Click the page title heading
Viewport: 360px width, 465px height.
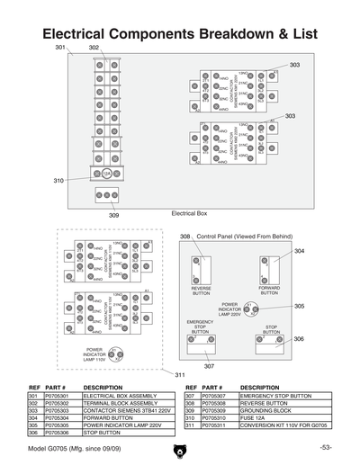pyautogui.click(x=180, y=32)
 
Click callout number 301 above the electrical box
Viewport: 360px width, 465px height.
pyautogui.click(x=60, y=47)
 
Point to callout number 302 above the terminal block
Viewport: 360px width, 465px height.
pyautogui.click(x=94, y=47)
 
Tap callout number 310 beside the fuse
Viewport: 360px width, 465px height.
pyautogui.click(x=58, y=181)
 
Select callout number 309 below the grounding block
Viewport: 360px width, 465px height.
pyautogui.click(x=114, y=216)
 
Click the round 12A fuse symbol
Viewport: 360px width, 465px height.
pyautogui.click(x=106, y=173)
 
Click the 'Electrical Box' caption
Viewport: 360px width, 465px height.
pyautogui.click(x=189, y=213)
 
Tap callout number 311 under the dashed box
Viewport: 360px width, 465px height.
pyautogui.click(x=180, y=374)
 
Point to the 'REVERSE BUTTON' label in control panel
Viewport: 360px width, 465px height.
pyautogui.click(x=202, y=291)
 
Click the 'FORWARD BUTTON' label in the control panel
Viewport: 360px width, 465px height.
pyautogui.click(x=270, y=291)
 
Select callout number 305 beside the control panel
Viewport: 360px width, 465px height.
pyautogui.click(x=299, y=306)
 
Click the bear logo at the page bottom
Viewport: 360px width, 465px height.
pyautogui.click(x=180, y=449)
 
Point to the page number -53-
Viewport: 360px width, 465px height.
pyautogui.click(x=325, y=447)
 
